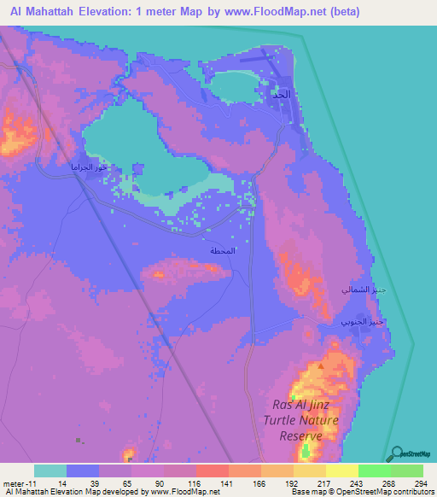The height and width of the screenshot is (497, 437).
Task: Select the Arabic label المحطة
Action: pyautogui.click(x=224, y=252)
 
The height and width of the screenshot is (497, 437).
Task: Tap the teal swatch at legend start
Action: pyautogui.click(x=50, y=471)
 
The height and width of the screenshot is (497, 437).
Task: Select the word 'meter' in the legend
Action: pyautogui.click(x=15, y=482)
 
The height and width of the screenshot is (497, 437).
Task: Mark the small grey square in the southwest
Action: pyautogui.click(x=79, y=441)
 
